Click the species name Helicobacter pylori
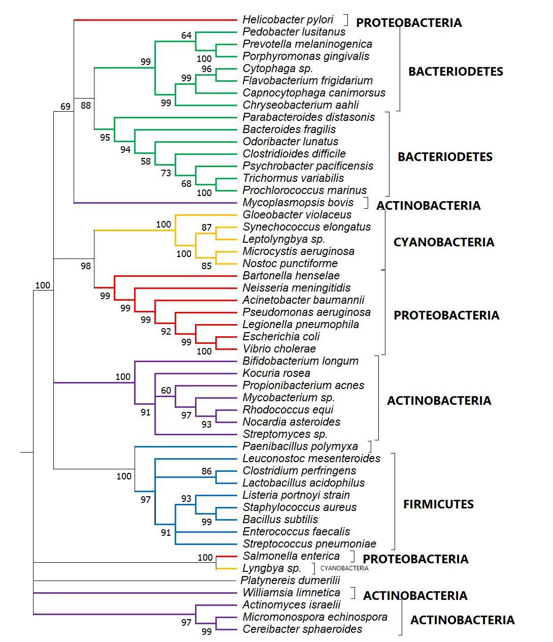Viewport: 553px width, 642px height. tap(288, 20)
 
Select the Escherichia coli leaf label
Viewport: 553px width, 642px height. tap(281, 337)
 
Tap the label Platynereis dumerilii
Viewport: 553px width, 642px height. tap(290, 580)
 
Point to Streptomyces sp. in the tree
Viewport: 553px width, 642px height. tap(285, 434)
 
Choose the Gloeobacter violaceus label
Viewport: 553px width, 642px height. tap(297, 215)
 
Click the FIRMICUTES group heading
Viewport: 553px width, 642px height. tap(438, 504)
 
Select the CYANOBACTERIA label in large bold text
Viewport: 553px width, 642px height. tap(443, 242)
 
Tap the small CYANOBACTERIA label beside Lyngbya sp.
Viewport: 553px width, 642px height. tap(344, 568)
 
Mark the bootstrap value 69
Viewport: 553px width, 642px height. tap(66, 107)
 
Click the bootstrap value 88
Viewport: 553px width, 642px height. tap(86, 106)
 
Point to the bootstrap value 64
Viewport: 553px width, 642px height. tap(186, 36)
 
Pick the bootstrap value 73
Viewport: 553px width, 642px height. tap(166, 173)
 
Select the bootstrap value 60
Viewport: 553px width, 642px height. tap(166, 391)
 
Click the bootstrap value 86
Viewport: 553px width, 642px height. tap(206, 471)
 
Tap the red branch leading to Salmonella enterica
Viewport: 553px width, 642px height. tap(226, 556)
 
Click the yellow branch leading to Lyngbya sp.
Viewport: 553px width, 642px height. tap(226, 568)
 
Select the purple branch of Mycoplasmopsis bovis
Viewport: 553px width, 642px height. tap(152, 203)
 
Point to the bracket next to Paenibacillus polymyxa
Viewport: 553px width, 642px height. tap(370, 446)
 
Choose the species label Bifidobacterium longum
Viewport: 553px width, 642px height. tap(300, 361)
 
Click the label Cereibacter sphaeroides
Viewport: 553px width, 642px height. tap(302, 629)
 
